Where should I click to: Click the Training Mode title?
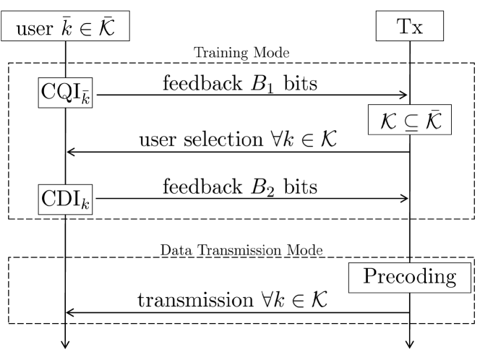click(241, 53)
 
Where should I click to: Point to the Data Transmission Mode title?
click(241, 250)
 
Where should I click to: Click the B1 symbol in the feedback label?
click(262, 84)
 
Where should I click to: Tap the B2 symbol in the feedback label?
click(262, 187)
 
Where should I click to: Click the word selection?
click(223, 140)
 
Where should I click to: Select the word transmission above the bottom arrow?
click(195, 300)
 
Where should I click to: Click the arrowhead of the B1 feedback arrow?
click(404, 95)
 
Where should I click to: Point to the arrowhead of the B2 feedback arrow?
click(404, 198)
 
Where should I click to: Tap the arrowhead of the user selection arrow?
click(71, 152)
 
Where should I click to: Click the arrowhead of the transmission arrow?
click(70, 312)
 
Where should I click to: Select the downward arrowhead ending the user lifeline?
click(65, 344)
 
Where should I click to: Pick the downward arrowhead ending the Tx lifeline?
click(410, 344)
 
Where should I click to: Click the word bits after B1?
click(300, 83)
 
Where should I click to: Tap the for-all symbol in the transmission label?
click(267, 299)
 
